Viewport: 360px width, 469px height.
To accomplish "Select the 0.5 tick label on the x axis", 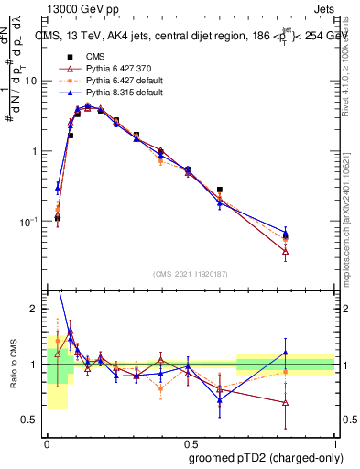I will point(191,442).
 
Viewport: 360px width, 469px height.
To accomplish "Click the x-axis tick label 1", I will point(335,442).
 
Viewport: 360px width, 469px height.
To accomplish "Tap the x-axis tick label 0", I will point(47,442).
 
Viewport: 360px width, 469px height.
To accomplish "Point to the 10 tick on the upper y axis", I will point(30,81).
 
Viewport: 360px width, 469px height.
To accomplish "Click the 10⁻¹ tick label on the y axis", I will point(28,222).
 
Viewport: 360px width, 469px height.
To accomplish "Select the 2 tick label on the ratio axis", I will point(34,310).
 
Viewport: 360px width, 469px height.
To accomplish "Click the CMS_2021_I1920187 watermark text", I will point(191,273).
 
